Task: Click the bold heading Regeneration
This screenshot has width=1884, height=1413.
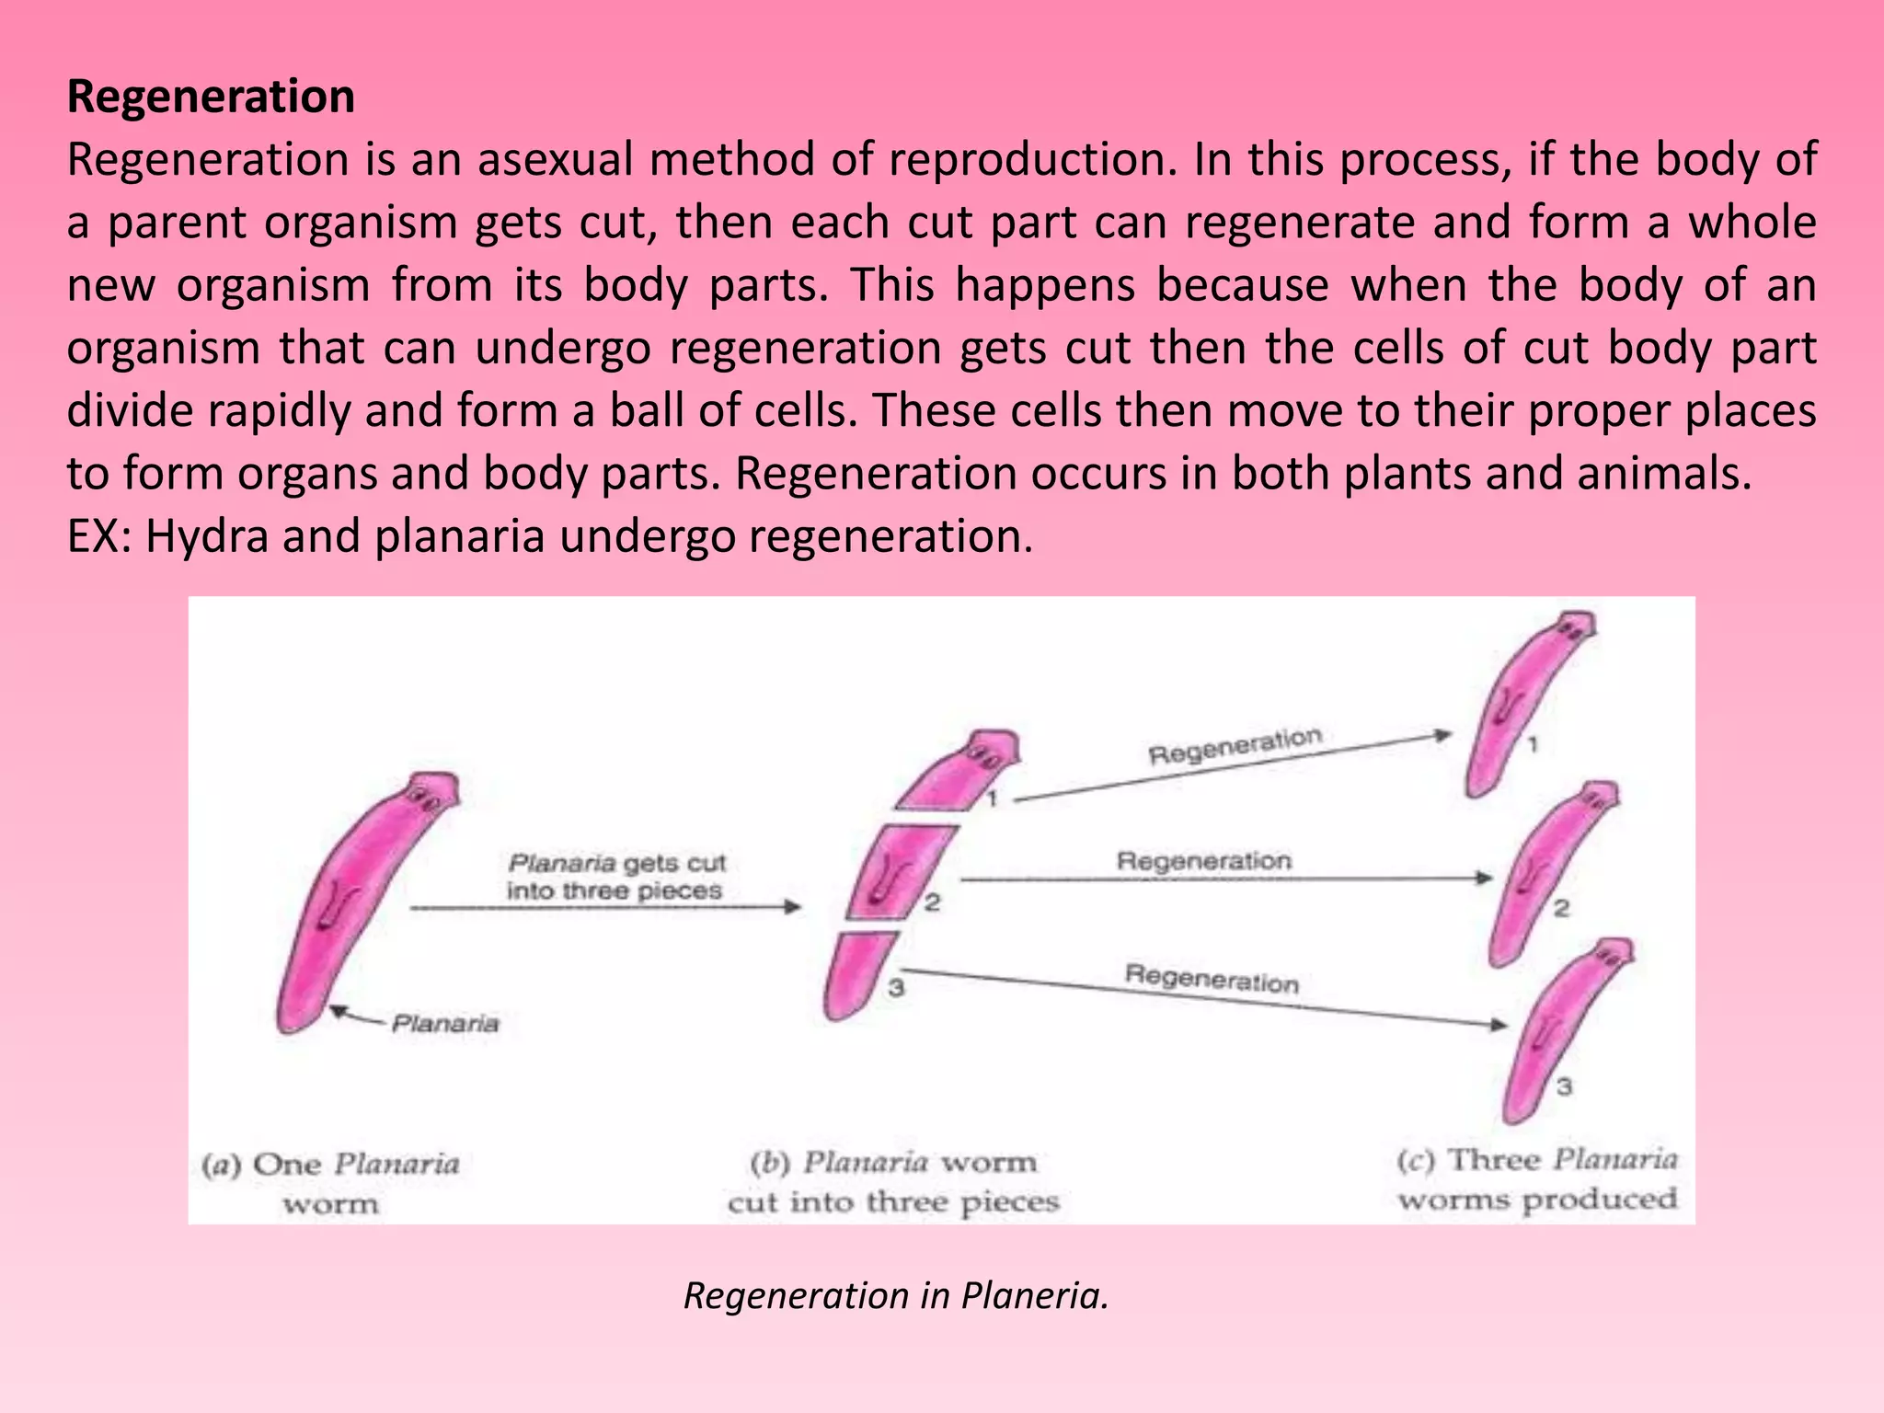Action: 211,97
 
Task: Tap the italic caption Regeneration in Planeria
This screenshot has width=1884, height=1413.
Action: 896,1295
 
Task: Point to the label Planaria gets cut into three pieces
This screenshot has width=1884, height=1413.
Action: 615,877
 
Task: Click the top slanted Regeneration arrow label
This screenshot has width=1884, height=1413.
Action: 1235,746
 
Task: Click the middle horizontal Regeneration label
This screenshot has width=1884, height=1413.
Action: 1203,861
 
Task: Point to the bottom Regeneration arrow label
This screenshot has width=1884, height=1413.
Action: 1211,979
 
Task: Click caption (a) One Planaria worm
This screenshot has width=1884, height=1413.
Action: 331,1183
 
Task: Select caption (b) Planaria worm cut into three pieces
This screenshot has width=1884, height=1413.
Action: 893,1182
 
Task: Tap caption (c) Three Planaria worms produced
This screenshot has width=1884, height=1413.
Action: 1537,1179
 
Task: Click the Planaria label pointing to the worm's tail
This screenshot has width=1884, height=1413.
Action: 444,1024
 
